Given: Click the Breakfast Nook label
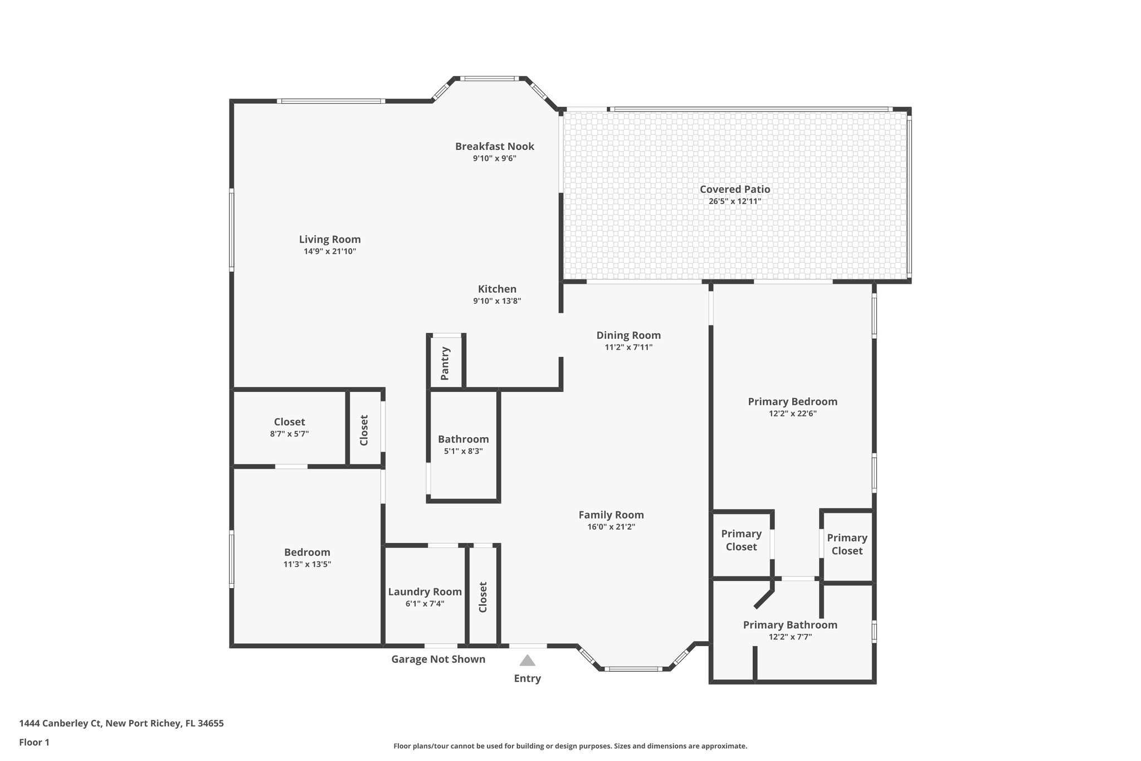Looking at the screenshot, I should [x=494, y=146].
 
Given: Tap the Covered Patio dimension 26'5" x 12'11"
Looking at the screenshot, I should [x=734, y=201].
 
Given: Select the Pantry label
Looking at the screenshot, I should [x=445, y=363].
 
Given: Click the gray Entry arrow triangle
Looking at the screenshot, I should [x=527, y=661].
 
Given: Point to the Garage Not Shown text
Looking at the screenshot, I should [x=438, y=659].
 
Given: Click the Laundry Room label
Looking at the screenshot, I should [x=425, y=592].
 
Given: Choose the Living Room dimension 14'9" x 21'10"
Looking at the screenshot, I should [x=329, y=251].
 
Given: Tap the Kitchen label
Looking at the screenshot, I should [x=497, y=289].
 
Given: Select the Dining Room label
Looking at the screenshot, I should [x=628, y=335].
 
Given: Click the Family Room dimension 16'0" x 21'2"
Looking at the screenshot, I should [x=611, y=527].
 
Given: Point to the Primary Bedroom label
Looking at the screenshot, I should [x=792, y=401].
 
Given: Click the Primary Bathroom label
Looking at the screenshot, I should [x=789, y=625].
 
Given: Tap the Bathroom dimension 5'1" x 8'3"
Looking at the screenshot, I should [x=463, y=451].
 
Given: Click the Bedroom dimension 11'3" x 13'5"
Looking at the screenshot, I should [x=307, y=564].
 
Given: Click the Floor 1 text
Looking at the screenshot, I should [x=34, y=742].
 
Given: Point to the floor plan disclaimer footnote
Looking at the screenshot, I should [x=570, y=746].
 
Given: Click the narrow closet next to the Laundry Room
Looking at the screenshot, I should [x=482, y=597].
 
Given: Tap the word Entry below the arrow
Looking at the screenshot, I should [x=527, y=678].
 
